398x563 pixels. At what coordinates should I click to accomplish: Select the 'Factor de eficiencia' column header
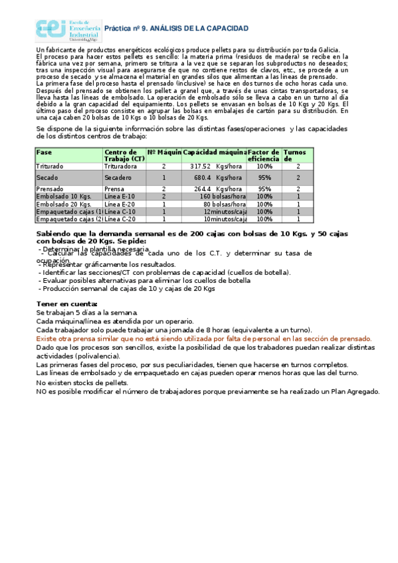pos(264,156)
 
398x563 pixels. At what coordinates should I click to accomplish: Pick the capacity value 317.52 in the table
pos(200,167)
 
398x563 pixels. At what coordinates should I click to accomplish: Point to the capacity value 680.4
pos(203,178)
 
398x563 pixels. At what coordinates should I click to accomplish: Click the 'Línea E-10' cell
pos(120,197)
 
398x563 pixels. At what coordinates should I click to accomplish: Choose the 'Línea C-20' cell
pos(120,219)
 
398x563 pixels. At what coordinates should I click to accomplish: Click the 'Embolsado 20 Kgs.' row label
pos(64,204)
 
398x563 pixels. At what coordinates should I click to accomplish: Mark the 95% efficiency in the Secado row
pos(264,178)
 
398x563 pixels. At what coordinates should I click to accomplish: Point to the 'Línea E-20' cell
pos(120,204)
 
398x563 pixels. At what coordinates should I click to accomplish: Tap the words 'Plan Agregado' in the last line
pos(355,391)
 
